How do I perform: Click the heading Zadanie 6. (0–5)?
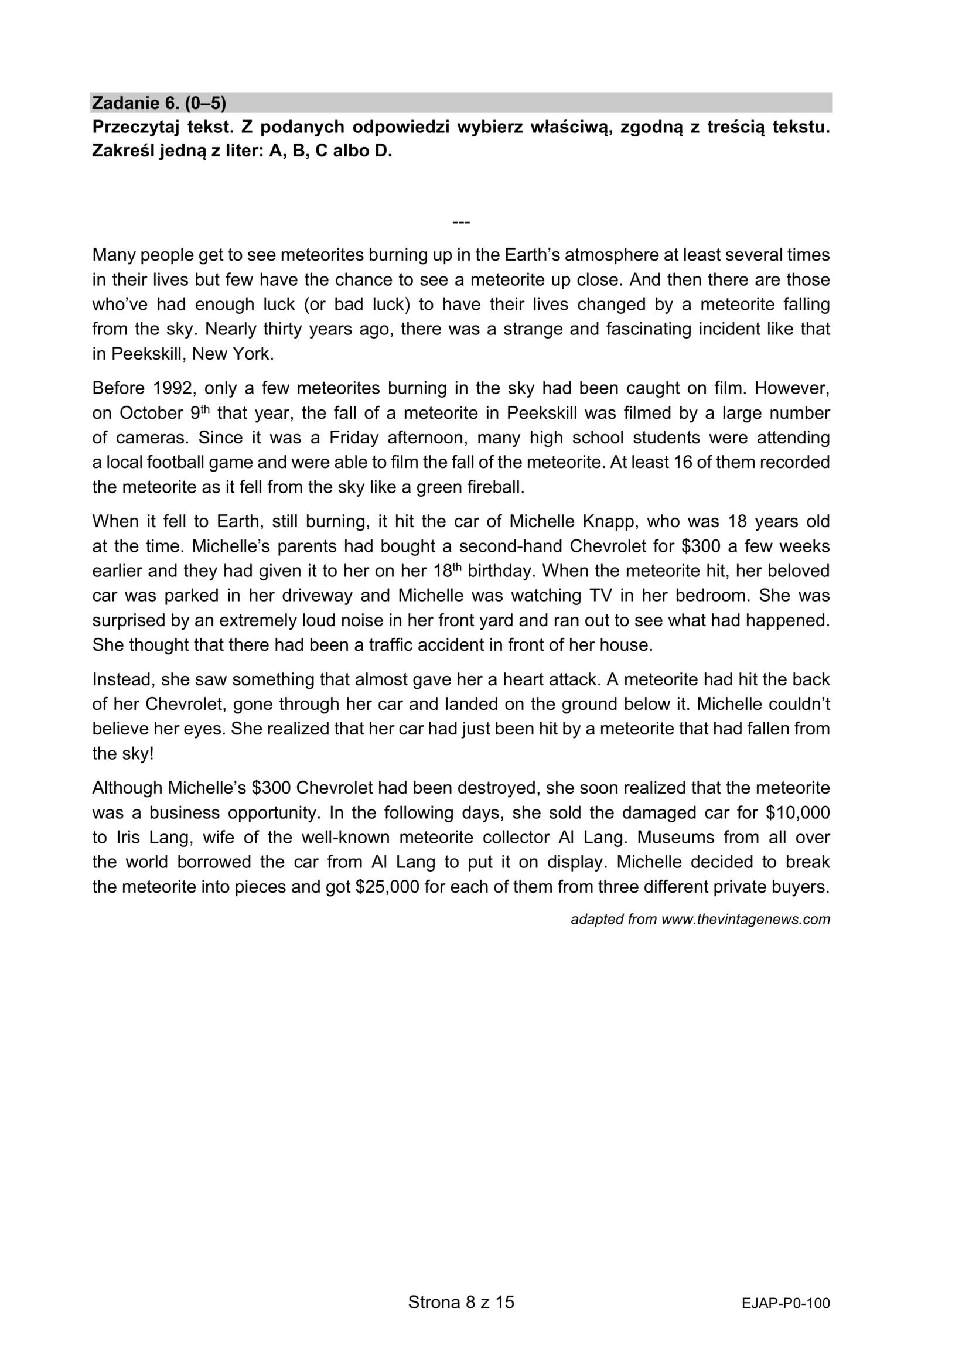159,103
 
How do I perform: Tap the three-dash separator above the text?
461,223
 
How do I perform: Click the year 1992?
173,388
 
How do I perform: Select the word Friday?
353,438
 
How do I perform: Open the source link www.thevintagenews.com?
745,920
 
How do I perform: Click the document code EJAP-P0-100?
785,1303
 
